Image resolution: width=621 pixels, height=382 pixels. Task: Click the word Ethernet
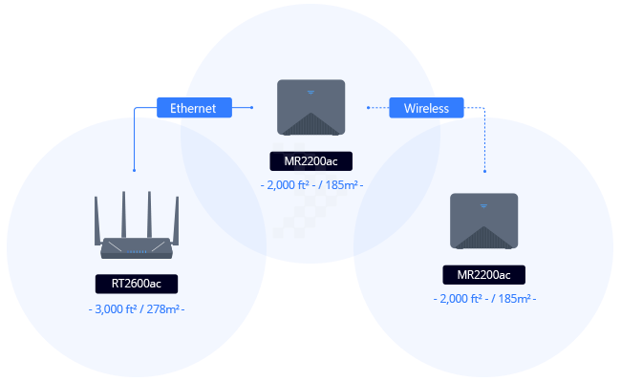tap(193, 109)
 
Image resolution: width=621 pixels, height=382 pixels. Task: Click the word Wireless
tap(426, 109)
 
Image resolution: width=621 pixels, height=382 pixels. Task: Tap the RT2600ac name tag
tap(137, 284)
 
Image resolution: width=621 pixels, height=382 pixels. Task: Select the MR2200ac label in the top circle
tap(310, 160)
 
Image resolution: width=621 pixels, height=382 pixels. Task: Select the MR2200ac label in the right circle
tap(484, 275)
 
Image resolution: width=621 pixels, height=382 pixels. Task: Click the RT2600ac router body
tap(137, 248)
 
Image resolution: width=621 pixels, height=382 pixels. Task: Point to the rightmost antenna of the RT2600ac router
tap(177, 220)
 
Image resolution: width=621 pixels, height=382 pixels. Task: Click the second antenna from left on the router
tap(123, 214)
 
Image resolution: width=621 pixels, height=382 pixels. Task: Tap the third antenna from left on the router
tap(150, 214)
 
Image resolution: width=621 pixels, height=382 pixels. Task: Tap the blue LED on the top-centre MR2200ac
tap(310, 92)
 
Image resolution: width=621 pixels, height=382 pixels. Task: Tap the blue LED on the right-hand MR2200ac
tap(484, 206)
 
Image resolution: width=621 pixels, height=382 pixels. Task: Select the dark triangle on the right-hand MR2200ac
tap(484, 240)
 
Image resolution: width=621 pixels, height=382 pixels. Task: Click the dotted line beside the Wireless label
tap(475, 109)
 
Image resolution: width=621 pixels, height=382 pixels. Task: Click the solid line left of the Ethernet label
tap(144, 109)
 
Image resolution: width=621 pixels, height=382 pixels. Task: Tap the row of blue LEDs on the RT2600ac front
tap(138, 251)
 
